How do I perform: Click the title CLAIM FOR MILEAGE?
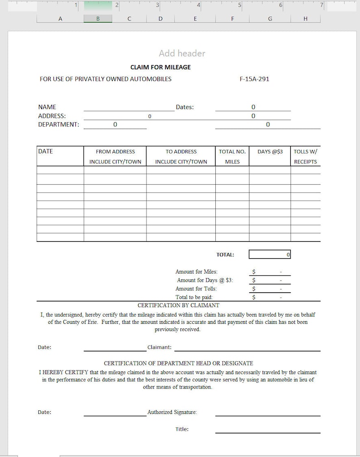[x=161, y=67]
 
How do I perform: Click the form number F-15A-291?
[x=254, y=79]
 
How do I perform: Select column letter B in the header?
[x=98, y=19]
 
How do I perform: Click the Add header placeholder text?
[x=182, y=53]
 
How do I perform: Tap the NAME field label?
[x=47, y=107]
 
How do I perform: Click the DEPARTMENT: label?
[x=58, y=125]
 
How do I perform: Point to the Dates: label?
[x=185, y=107]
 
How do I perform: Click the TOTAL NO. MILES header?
[x=232, y=156]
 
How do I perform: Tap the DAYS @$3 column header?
[x=270, y=152]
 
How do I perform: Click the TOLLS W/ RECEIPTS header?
[x=305, y=156]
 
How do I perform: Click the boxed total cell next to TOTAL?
[x=270, y=255]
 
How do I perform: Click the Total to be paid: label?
[x=194, y=297]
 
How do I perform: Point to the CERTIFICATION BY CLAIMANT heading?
[x=178, y=305]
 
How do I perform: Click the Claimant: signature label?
[x=160, y=347]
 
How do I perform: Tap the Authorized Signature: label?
[x=172, y=412]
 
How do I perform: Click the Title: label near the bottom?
[x=182, y=429]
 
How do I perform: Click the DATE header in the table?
[x=45, y=151]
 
